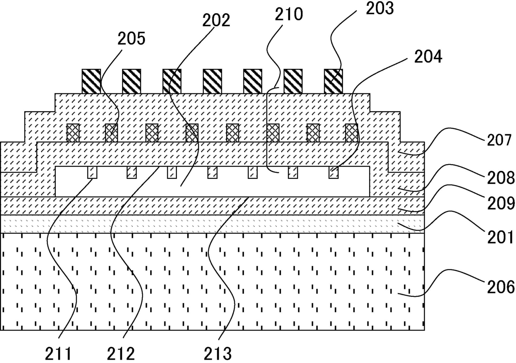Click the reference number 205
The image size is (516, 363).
(131, 39)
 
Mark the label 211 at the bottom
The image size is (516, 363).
(58, 354)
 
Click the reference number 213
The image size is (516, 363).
(218, 354)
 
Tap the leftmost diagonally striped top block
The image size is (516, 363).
(91, 81)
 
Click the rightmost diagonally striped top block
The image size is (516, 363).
(333, 81)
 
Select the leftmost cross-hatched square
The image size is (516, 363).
(73, 133)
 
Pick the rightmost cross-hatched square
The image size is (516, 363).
(352, 133)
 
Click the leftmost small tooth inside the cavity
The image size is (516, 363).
(92, 173)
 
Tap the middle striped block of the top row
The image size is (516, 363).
(212, 81)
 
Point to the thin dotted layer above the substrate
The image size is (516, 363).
(212, 224)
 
